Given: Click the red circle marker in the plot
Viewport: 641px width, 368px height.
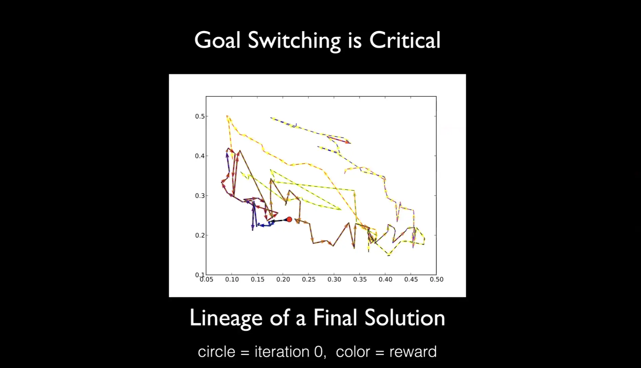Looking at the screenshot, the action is (x=289, y=220).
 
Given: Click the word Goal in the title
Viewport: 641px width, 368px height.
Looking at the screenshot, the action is (x=217, y=40).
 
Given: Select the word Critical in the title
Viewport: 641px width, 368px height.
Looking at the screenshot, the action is (x=405, y=40).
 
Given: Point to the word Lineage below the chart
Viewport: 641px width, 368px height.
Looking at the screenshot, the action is (x=226, y=319).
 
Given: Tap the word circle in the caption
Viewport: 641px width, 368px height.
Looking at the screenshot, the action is (x=216, y=352).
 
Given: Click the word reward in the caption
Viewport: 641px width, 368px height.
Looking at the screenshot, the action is (x=413, y=352).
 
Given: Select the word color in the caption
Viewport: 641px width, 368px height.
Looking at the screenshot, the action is (x=353, y=352).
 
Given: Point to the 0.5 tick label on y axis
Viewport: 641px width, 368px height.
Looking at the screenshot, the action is (x=200, y=116).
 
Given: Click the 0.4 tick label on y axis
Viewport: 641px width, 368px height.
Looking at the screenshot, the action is (x=200, y=156).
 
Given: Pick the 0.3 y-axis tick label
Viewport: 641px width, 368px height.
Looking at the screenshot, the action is (x=200, y=196).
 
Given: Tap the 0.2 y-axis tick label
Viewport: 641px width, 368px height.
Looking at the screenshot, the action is (x=200, y=235).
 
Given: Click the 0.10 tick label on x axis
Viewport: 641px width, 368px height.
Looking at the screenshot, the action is (x=232, y=279).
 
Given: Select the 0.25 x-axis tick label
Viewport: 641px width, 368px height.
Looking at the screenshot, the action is (x=309, y=279).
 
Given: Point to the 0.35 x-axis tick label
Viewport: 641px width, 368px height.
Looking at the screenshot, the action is (x=360, y=279).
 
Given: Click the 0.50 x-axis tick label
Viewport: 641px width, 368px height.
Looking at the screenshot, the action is (x=436, y=279).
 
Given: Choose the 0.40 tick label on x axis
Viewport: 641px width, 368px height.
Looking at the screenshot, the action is (x=385, y=279).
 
